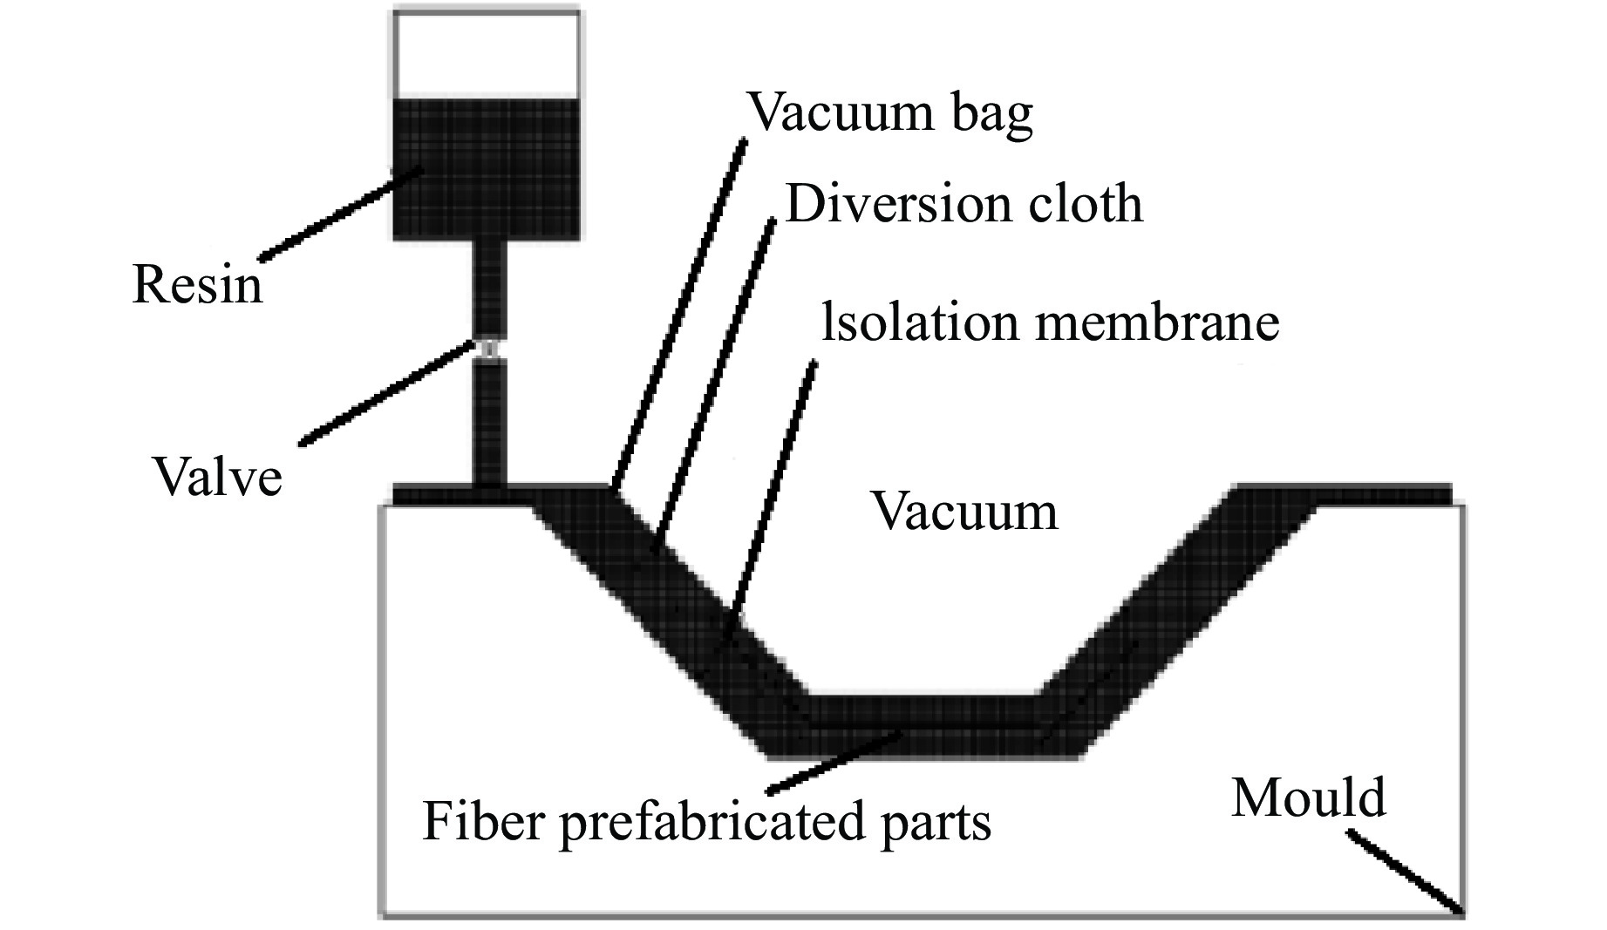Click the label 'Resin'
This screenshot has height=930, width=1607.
(197, 286)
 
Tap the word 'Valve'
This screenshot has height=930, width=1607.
(218, 478)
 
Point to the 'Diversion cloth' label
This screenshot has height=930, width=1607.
(964, 205)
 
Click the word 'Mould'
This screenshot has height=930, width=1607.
(1308, 798)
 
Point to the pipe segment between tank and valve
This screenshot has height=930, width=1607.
(488, 288)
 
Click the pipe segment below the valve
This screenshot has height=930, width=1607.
(488, 423)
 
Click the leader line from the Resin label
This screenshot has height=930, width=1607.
(340, 214)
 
